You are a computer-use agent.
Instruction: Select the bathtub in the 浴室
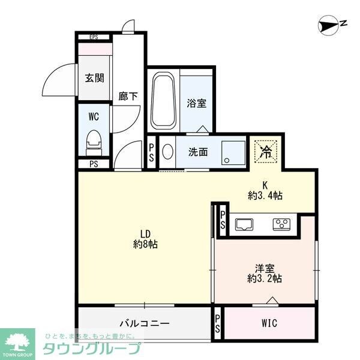click(163, 102)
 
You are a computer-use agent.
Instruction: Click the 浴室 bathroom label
click(196, 103)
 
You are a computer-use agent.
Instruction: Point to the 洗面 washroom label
click(198, 152)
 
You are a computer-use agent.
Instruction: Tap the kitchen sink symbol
click(244, 224)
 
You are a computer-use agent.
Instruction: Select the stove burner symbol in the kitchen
click(281, 224)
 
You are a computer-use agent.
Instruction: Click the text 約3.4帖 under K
click(265, 195)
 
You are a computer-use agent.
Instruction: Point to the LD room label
click(146, 233)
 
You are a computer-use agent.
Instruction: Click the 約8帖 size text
click(146, 245)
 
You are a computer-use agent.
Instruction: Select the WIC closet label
click(269, 323)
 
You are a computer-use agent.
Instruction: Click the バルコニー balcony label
click(145, 323)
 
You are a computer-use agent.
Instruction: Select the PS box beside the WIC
click(217, 324)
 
